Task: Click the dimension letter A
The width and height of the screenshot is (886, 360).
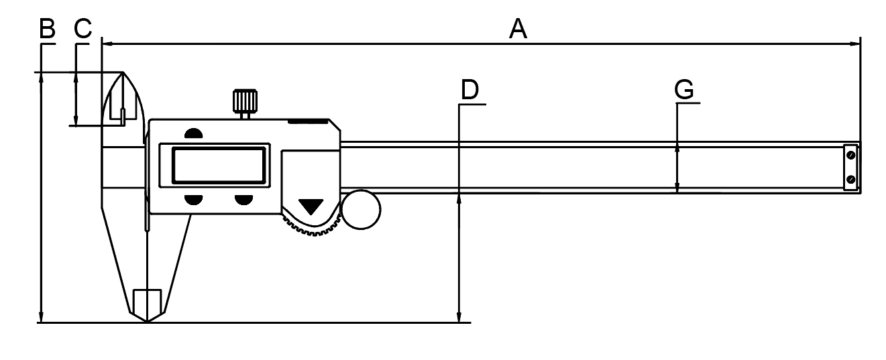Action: [x=518, y=28]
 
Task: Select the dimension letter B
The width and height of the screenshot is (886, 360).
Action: [x=47, y=28]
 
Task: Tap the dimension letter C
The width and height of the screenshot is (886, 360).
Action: [x=82, y=28]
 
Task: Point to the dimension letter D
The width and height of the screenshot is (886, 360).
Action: [x=470, y=89]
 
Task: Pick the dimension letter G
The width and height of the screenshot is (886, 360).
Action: [x=684, y=89]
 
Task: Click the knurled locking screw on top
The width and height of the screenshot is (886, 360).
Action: [x=245, y=101]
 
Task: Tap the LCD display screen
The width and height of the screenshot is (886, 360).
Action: [x=219, y=165]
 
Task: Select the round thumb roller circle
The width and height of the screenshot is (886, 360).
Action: [x=361, y=209]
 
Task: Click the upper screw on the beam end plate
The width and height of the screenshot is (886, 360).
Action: [x=851, y=156]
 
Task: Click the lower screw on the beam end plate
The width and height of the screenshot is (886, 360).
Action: [x=851, y=180]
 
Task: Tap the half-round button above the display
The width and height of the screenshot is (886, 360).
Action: [x=193, y=133]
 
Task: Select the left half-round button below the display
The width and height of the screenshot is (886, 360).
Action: [x=193, y=200]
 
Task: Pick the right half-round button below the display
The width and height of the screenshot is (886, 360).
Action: [x=243, y=200]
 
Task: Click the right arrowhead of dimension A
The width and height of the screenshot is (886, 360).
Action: [x=855, y=44]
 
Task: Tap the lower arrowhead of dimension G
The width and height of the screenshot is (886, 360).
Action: [x=677, y=188]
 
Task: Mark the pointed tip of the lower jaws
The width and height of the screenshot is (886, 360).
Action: [x=147, y=322]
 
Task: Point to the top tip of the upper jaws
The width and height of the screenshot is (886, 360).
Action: [x=123, y=72]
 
